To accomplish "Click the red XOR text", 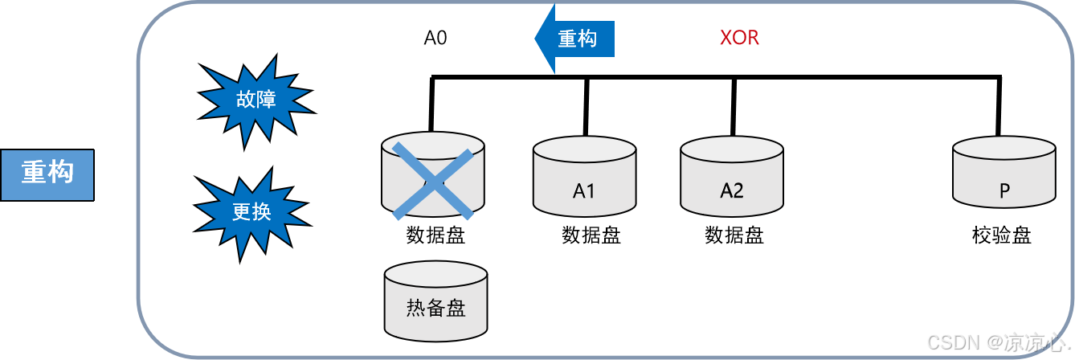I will click(739, 38).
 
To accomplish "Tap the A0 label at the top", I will click(435, 38).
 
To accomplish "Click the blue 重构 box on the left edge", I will click(47, 174).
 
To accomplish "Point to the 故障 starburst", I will click(255, 100).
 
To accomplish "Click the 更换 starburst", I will click(251, 211).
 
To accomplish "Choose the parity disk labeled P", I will click(1003, 178).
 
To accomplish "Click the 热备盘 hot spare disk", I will click(436, 301).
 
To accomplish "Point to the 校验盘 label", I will click(1001, 236).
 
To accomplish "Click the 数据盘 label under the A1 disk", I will click(591, 236).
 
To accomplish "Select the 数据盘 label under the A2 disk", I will click(734, 236).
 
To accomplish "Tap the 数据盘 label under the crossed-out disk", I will click(436, 236).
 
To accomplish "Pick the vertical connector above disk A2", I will click(733, 106).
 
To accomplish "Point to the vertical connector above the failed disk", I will click(432, 104).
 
